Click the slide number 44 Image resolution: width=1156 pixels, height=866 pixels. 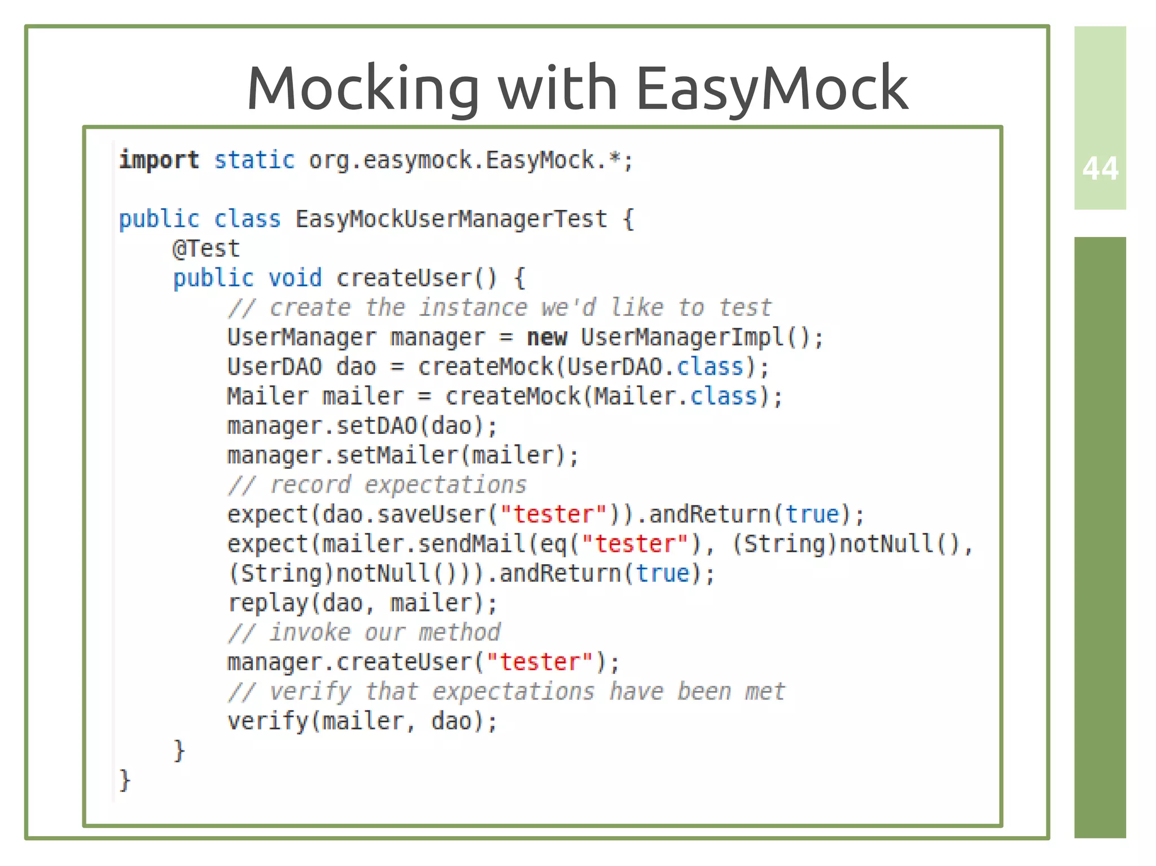[x=1100, y=168]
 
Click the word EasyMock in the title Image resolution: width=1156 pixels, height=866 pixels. [x=772, y=88]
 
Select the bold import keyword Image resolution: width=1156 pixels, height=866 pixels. [x=159, y=160]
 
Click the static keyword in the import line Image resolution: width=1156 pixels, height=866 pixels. [x=254, y=160]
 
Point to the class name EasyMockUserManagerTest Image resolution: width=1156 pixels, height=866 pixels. [x=451, y=219]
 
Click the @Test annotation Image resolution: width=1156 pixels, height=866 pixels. [x=206, y=249]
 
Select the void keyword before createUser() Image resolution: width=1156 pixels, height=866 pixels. [x=295, y=278]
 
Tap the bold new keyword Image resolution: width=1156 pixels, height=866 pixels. [x=546, y=337]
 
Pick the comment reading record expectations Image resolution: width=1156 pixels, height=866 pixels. [x=377, y=485]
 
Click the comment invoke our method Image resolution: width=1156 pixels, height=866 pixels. [x=364, y=632]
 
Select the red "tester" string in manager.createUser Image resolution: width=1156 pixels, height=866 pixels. [x=540, y=662]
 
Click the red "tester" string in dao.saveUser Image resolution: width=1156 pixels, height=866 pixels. [x=553, y=515]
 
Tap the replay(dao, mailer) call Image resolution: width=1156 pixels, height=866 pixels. [x=362, y=603]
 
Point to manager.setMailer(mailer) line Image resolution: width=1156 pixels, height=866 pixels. [x=403, y=455]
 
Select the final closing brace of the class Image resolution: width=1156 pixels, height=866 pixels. [x=125, y=780]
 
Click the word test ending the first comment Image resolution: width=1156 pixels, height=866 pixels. [x=745, y=308]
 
